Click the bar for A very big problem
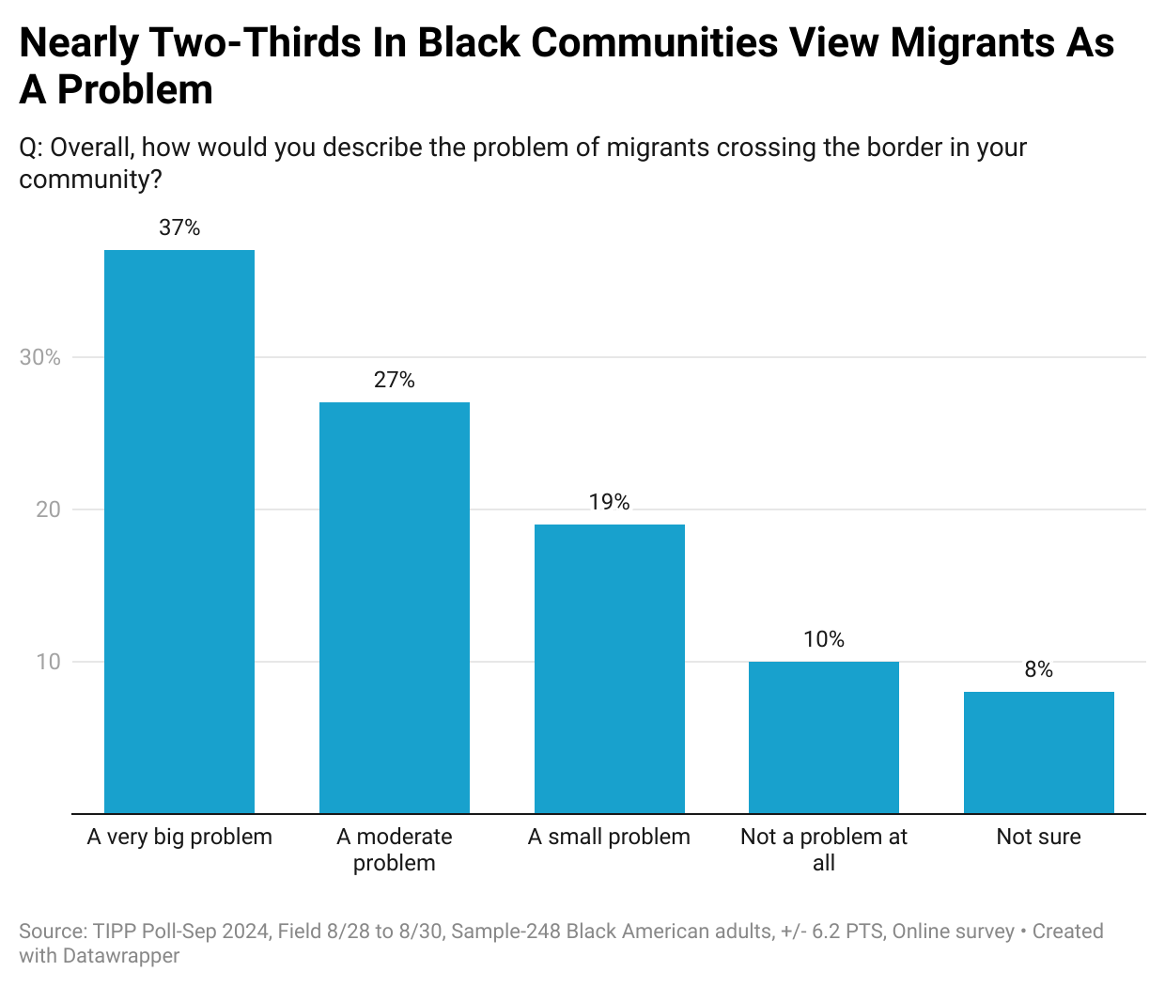179,531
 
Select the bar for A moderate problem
395,607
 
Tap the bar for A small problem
609,668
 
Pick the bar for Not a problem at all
824,737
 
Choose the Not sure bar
1038,752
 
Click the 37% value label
179,227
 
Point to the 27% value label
395,380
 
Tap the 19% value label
609,502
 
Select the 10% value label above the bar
824,639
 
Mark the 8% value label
1038,669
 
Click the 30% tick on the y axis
40,357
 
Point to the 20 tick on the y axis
48,509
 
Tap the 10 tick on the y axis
48,662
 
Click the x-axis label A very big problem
179,837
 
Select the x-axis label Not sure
1038,837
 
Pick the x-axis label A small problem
609,837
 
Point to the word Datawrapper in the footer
121,956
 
